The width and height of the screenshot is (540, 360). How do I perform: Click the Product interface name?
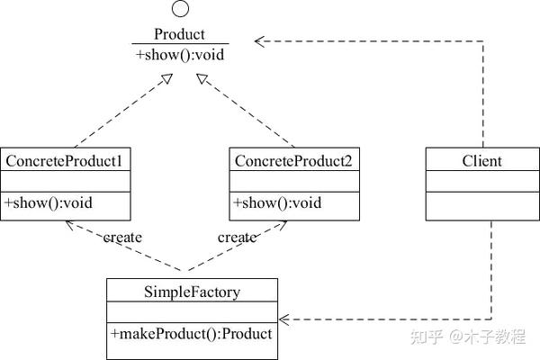179,34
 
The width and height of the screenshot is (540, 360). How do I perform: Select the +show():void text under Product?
180,55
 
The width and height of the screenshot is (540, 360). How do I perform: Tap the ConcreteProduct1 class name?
64,161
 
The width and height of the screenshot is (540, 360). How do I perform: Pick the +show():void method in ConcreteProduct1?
49,202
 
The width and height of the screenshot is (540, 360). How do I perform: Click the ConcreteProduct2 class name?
293,161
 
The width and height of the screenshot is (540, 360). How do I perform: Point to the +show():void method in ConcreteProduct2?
277,202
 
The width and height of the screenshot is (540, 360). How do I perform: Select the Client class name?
481,161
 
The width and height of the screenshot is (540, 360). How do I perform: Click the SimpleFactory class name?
193,292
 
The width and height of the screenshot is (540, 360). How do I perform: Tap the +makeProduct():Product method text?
192,334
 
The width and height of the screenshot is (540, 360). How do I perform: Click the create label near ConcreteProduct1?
122,238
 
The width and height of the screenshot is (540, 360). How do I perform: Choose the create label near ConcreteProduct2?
237,238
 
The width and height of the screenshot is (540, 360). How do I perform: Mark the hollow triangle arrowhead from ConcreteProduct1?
167,79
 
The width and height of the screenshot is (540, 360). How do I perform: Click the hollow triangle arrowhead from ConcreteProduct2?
202,79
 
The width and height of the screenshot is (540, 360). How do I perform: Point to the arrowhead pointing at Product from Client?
259,41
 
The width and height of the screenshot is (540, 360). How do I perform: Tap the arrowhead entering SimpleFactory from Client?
284,319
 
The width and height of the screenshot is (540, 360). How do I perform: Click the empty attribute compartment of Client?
482,181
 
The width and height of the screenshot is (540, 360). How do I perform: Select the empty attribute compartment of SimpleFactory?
193,312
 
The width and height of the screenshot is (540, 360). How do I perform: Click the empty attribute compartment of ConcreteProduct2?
294,181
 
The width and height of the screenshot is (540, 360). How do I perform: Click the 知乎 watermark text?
426,337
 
